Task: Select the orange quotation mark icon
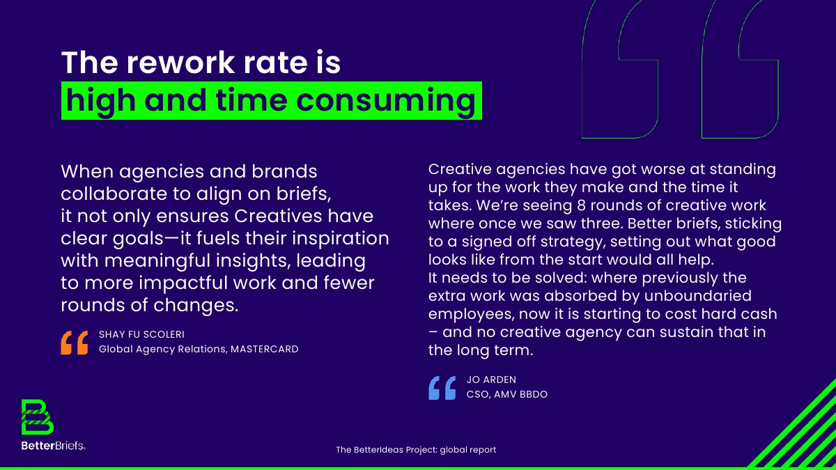point(75,343)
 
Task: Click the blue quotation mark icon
point(442,388)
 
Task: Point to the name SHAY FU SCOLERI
point(142,334)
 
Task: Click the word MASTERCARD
point(265,349)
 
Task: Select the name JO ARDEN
point(492,379)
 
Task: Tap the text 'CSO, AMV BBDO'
point(507,394)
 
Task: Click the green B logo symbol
point(38,417)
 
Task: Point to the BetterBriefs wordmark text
point(54,446)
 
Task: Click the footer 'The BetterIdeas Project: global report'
point(416,450)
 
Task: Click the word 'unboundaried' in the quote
point(698,296)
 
